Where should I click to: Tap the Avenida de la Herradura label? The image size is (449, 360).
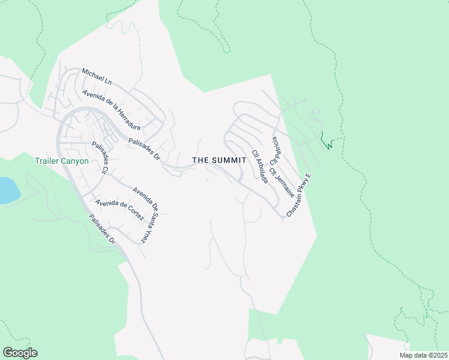[112, 110]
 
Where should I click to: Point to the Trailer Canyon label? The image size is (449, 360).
[62, 161]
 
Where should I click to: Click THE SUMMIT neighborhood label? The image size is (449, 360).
[219, 160]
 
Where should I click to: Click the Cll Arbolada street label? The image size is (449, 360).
[259, 166]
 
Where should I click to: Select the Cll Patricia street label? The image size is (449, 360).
[274, 151]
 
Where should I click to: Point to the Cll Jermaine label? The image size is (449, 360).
[282, 182]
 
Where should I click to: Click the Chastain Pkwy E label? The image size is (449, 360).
[300, 195]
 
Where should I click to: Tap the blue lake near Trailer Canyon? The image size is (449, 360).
[8, 190]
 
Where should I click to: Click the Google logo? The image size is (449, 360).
[20, 353]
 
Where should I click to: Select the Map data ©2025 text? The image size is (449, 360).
[423, 355]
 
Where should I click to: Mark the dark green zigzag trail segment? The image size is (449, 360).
[328, 142]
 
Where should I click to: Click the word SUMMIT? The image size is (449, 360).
[229, 160]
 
